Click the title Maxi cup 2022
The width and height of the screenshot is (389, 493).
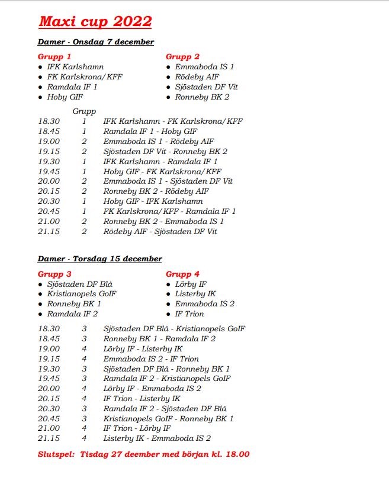point(95,22)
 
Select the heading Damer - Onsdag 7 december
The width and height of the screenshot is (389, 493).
point(96,42)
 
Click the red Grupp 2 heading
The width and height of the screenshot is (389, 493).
point(182,57)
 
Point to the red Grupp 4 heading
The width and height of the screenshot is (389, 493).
point(182,274)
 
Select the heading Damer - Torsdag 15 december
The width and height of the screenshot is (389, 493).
point(99,259)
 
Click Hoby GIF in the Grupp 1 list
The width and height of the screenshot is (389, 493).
point(65,97)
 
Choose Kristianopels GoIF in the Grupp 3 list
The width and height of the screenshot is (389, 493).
point(82,294)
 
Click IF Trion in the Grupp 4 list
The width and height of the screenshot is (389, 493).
point(189,314)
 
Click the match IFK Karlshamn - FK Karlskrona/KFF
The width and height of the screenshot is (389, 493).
point(173,121)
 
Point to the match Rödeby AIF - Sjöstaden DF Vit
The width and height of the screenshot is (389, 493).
point(160,232)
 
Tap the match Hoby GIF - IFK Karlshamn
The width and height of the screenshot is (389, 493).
point(153,201)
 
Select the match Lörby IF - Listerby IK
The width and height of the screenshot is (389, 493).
point(143,349)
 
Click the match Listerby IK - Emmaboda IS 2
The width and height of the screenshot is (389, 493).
point(157,438)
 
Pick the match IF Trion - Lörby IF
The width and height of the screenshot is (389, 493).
point(137,428)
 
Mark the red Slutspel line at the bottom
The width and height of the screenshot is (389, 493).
point(143,454)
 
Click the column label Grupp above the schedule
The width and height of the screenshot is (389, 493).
point(84,111)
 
